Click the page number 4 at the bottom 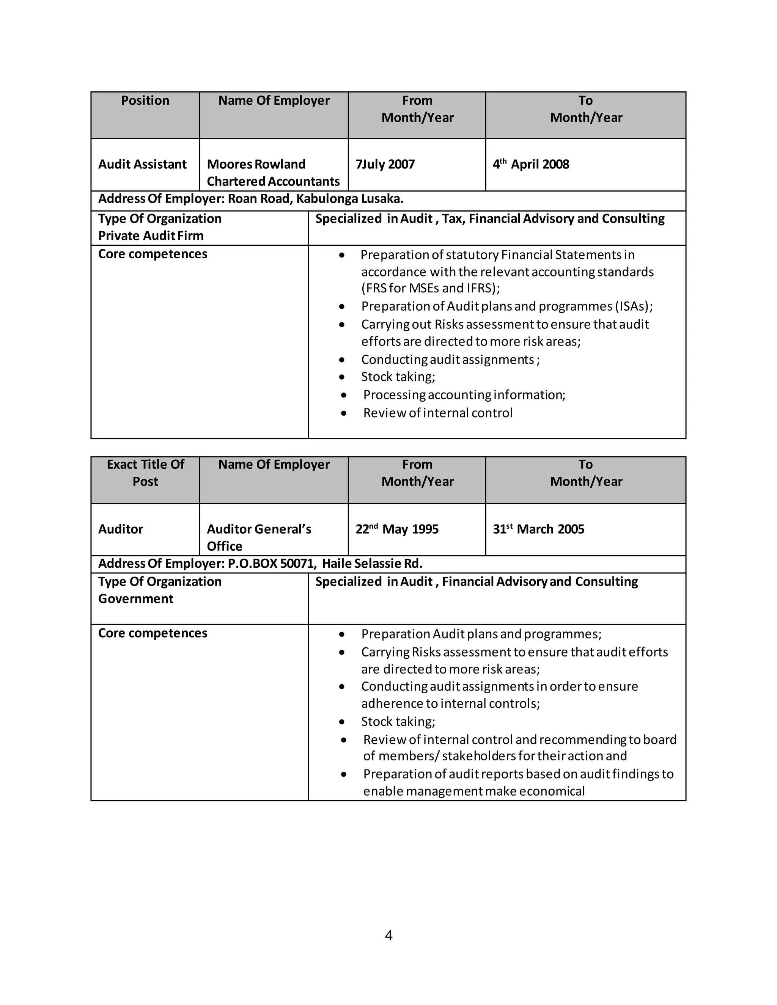click(x=388, y=936)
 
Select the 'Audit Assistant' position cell click(x=142, y=164)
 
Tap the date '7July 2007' click(x=385, y=164)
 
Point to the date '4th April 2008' click(x=531, y=164)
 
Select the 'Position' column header click(x=145, y=101)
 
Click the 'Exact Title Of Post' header click(x=145, y=473)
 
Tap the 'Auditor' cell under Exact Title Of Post click(x=121, y=529)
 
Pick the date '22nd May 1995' click(x=397, y=529)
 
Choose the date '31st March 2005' click(x=539, y=529)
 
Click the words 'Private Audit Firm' click(x=151, y=236)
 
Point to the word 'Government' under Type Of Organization click(x=136, y=599)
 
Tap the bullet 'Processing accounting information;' click(x=464, y=395)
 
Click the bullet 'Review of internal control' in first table click(x=437, y=413)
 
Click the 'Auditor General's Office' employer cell click(x=259, y=537)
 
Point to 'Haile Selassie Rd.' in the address click(x=372, y=564)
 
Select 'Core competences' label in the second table click(x=153, y=633)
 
